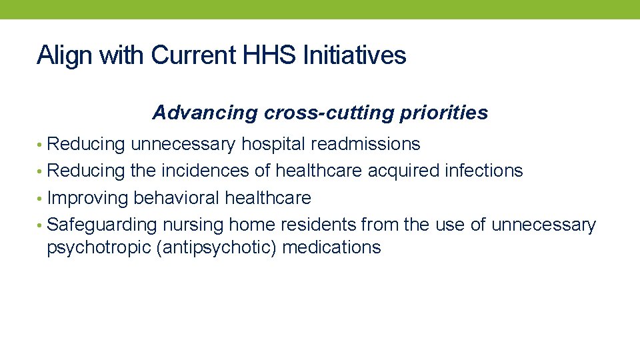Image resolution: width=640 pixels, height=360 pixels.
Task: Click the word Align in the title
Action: (65, 55)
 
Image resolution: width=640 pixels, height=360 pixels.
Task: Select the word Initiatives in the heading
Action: (355, 55)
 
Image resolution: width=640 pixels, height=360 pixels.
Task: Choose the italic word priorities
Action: (443, 113)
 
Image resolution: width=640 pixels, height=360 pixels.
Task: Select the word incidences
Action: (203, 171)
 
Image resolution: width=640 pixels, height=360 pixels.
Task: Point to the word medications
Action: (331, 248)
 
